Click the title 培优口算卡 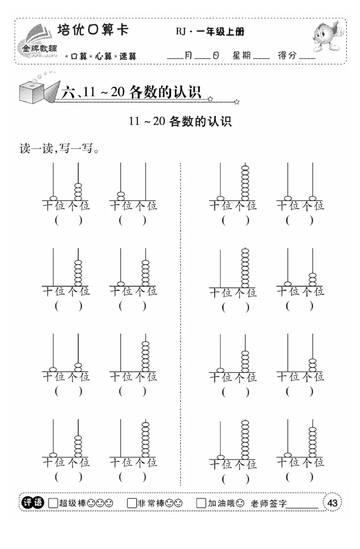click(93, 31)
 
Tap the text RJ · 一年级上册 click(210, 32)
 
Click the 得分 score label click(287, 56)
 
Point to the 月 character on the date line click(189, 56)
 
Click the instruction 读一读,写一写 click(59, 148)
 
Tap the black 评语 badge click(33, 503)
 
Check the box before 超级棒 click(53, 503)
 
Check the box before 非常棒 click(131, 503)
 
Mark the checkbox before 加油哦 click(201, 503)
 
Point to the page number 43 click(333, 503)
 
